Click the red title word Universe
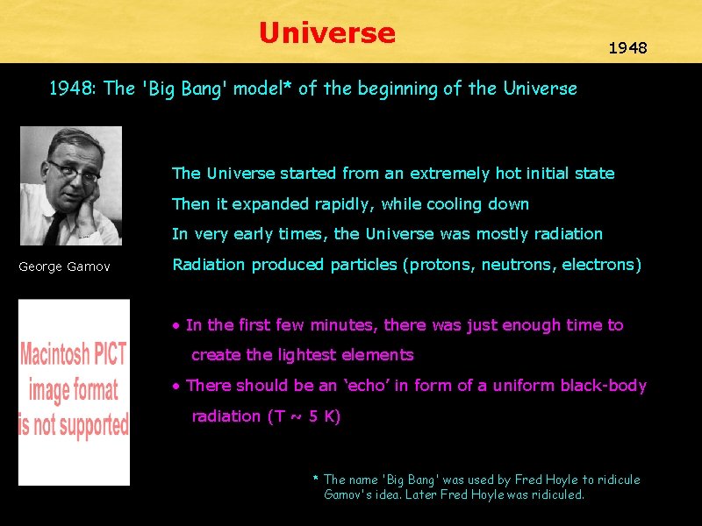point(327,33)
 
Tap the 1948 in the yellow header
point(628,48)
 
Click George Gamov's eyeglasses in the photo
point(74,170)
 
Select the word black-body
point(605,386)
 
